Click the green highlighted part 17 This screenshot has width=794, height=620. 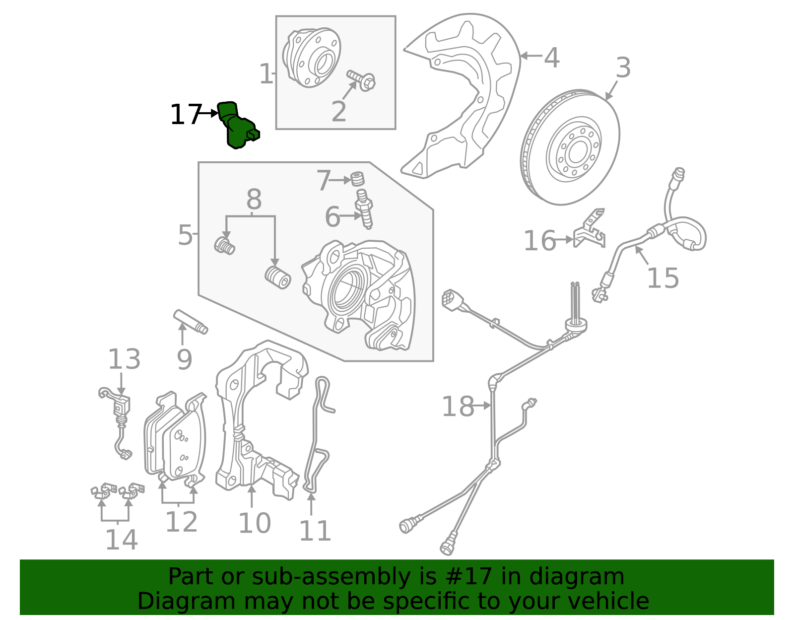237,127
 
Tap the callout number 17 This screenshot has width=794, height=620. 185,115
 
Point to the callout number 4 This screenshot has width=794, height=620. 552,58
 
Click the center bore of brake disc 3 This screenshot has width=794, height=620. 576,152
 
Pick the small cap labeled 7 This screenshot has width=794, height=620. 357,179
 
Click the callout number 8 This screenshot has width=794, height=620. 254,200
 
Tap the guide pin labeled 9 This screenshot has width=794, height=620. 190,322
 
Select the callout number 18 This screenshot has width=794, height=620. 458,407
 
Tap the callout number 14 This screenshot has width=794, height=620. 121,540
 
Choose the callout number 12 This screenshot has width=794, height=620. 181,522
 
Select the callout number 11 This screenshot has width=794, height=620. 315,531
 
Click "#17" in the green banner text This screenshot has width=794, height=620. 468,577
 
